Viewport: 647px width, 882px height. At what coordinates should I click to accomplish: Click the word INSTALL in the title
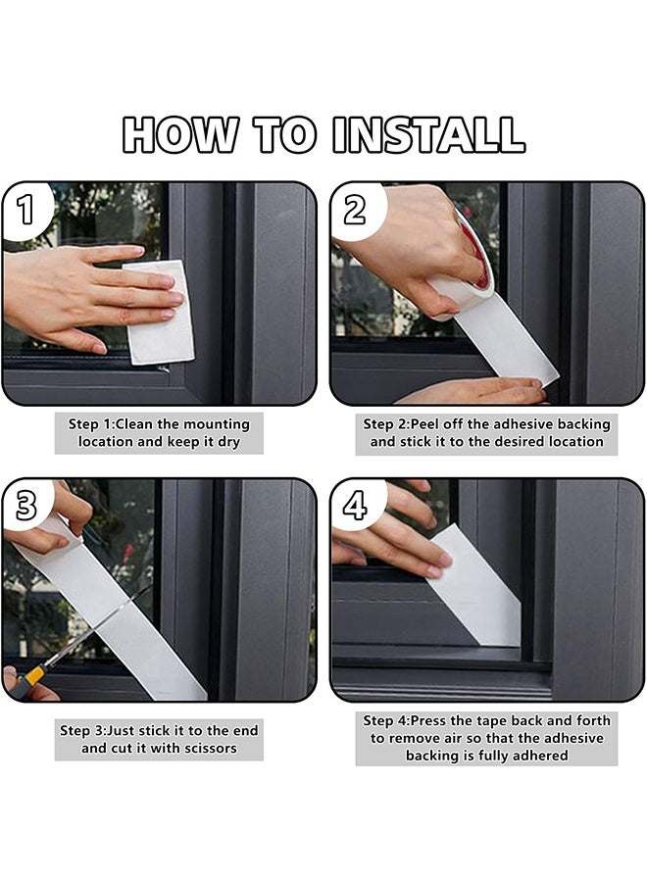pyautogui.click(x=428, y=134)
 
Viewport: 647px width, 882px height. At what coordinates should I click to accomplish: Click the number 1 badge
pyautogui.click(x=25, y=210)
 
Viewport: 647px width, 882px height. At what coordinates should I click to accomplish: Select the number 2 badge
pyautogui.click(x=356, y=210)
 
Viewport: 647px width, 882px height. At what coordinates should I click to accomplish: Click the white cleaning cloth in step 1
pyautogui.click(x=160, y=313)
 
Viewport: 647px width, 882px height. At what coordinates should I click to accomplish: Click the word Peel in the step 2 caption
pyautogui.click(x=424, y=424)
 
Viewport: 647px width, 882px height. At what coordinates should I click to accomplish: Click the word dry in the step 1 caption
pyautogui.click(x=228, y=442)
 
